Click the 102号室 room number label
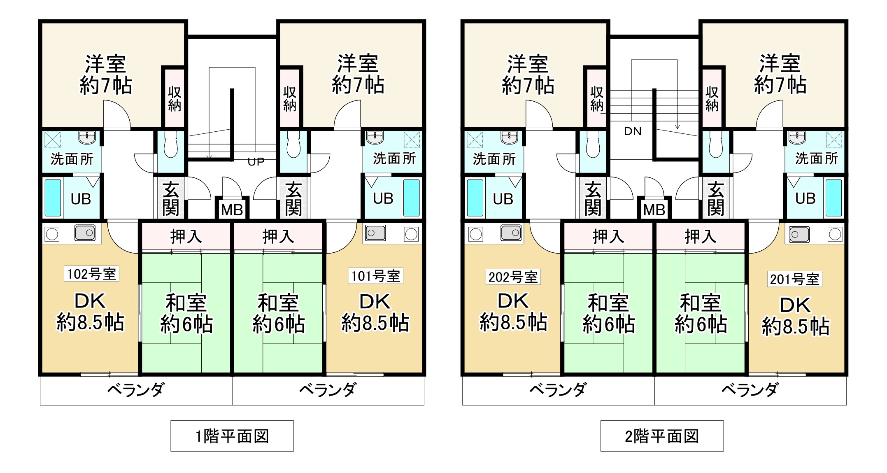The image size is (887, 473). (x=91, y=274)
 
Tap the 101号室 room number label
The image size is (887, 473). (x=375, y=276)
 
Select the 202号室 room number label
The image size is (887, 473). (x=513, y=277)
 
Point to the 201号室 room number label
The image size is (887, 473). (x=794, y=279)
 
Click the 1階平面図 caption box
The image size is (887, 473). (x=232, y=436)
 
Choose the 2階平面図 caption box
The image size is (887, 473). (x=662, y=436)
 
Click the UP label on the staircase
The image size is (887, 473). (x=256, y=162)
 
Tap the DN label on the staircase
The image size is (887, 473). (x=633, y=131)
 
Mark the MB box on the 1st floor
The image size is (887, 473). (x=232, y=210)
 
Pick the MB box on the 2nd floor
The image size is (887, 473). (x=654, y=210)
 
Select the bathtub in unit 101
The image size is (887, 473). (x=411, y=198)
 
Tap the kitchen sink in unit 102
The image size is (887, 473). (x=85, y=233)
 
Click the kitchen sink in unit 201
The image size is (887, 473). (x=799, y=234)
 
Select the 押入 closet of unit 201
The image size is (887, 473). (x=700, y=236)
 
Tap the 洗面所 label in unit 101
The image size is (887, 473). (x=394, y=158)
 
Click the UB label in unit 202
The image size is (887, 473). (x=503, y=199)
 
